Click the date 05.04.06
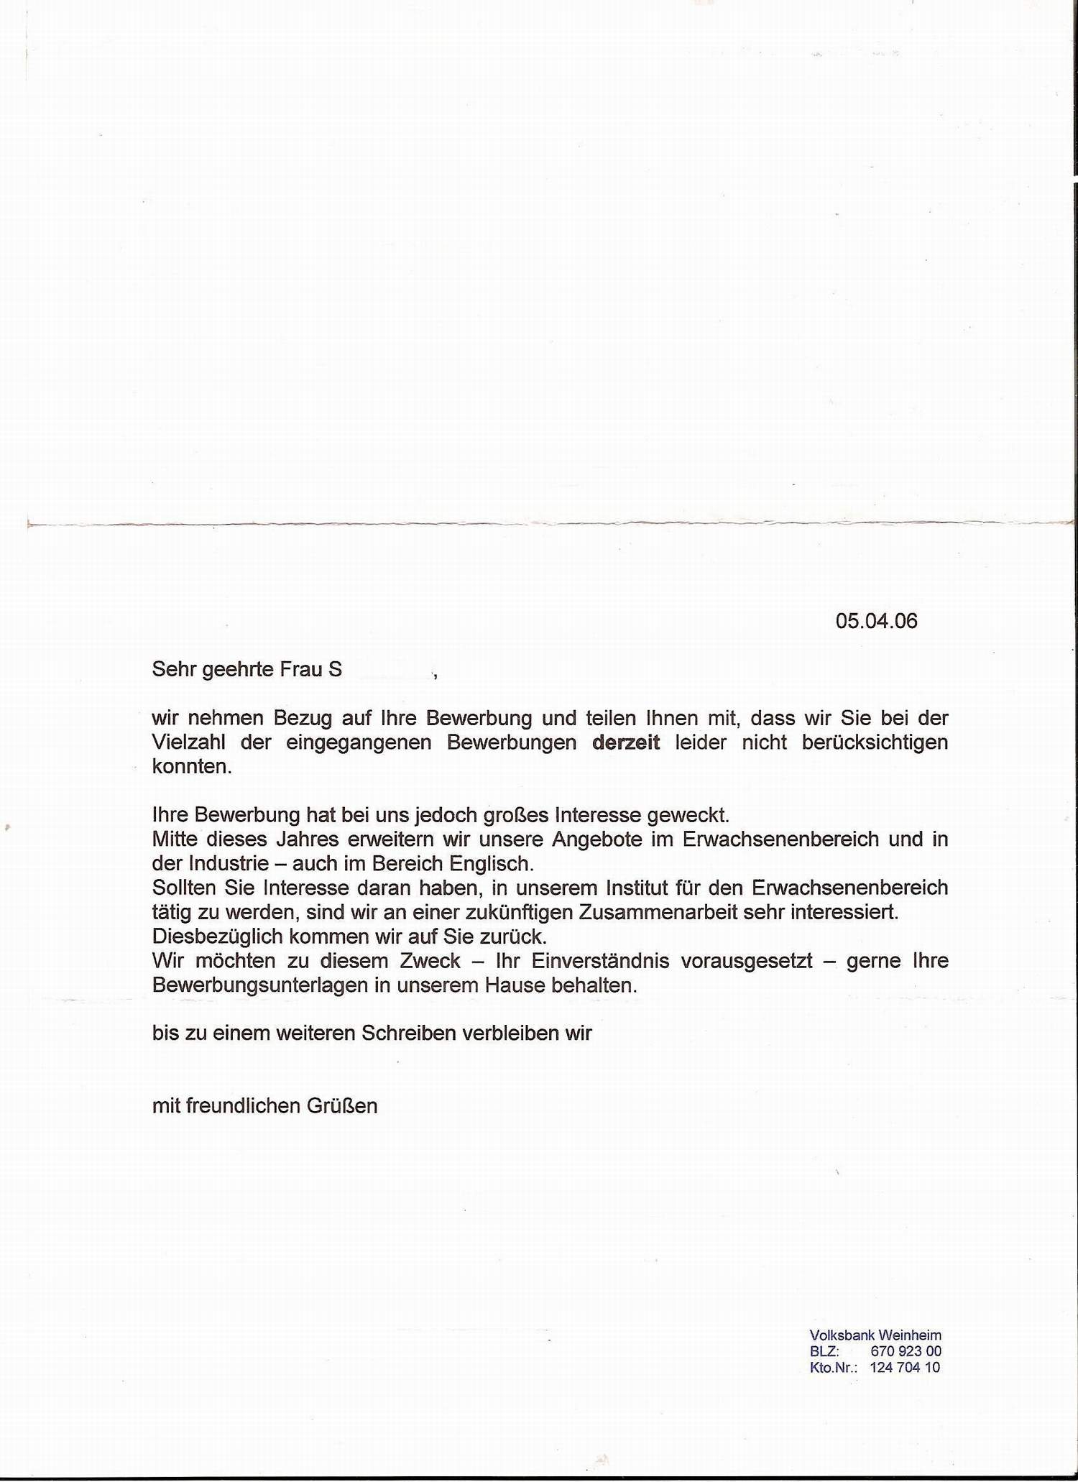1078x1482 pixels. (x=876, y=621)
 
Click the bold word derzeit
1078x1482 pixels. (x=625, y=742)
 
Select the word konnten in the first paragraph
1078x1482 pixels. (x=192, y=766)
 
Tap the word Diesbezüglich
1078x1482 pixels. (x=213, y=937)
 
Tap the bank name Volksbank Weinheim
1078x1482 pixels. (x=875, y=1335)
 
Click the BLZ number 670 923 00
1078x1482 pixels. (x=906, y=1351)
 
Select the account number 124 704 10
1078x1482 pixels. (x=905, y=1367)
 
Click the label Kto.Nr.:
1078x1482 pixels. (x=834, y=1368)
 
